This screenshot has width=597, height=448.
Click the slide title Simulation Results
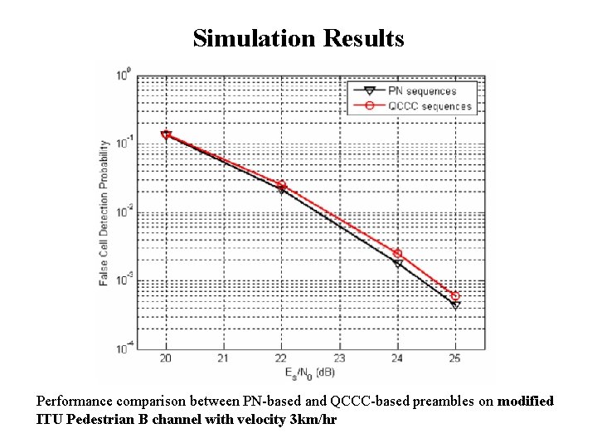tap(298, 38)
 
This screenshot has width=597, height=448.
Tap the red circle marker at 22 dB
tap(282, 184)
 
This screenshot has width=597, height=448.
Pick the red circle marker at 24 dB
tap(397, 253)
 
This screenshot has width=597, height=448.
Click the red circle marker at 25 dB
tap(455, 295)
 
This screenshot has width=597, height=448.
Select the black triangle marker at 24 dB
tap(398, 264)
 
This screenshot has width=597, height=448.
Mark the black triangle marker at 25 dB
tap(455, 304)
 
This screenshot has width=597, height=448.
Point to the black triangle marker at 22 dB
tap(282, 190)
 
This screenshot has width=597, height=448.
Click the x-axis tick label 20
tap(166, 359)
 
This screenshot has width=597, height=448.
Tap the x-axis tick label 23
tap(340, 359)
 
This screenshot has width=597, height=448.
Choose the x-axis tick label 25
tap(455, 359)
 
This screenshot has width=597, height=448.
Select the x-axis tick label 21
tap(224, 359)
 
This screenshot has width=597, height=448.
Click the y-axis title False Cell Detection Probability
tap(104, 212)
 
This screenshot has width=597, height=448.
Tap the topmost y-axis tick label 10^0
tap(123, 75)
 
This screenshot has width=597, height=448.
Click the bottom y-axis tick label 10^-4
tap(122, 348)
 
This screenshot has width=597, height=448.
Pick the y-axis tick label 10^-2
tap(122, 212)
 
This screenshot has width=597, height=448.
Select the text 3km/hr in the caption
tap(311, 419)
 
